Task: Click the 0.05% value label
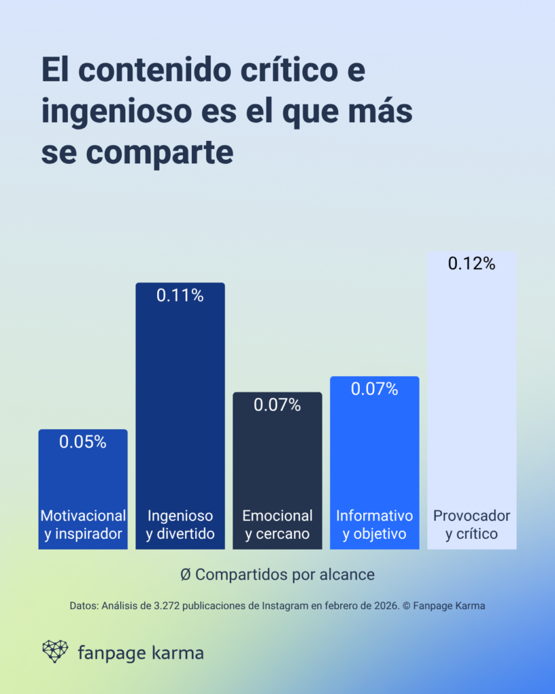(x=83, y=443)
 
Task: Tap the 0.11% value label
(x=180, y=295)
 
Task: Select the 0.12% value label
(x=472, y=264)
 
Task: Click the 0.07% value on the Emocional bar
(x=277, y=405)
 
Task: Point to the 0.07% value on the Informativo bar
(x=374, y=390)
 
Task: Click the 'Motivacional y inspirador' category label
(x=83, y=525)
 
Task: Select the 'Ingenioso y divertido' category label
(x=180, y=525)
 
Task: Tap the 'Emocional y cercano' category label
(x=277, y=525)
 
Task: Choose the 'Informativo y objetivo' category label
(x=374, y=525)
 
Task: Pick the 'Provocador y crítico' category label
(x=472, y=525)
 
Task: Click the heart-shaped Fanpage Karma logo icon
(x=55, y=651)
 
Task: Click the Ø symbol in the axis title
(x=186, y=575)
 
